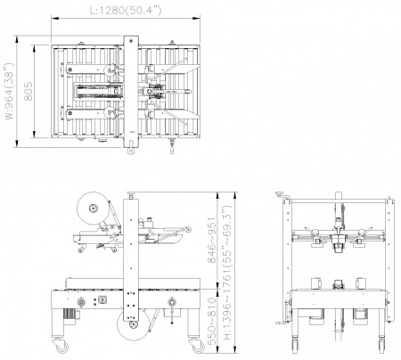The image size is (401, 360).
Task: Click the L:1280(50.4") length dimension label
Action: [x=126, y=11]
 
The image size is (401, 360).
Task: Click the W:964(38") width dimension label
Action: [x=10, y=91]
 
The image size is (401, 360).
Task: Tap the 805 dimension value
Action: [x=29, y=91]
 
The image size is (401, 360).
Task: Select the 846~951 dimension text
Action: [x=212, y=241]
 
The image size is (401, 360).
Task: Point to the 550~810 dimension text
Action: [x=212, y=322]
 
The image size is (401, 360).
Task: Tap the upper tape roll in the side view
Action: [x=93, y=209]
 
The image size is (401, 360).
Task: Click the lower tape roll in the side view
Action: [x=133, y=325]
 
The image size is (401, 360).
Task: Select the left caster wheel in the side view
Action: [x=61, y=346]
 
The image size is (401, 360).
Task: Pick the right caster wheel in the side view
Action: [x=197, y=346]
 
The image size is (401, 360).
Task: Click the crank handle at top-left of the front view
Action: [x=282, y=195]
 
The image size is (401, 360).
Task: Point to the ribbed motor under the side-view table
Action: [x=70, y=315]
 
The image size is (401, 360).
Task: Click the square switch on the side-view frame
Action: [x=102, y=299]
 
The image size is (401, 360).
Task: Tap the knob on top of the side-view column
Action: [x=131, y=195]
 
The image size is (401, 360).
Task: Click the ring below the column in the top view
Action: [x=130, y=151]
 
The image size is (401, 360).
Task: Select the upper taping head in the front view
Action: [x=338, y=241]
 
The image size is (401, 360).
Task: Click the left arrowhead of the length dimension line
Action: [x=54, y=18]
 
